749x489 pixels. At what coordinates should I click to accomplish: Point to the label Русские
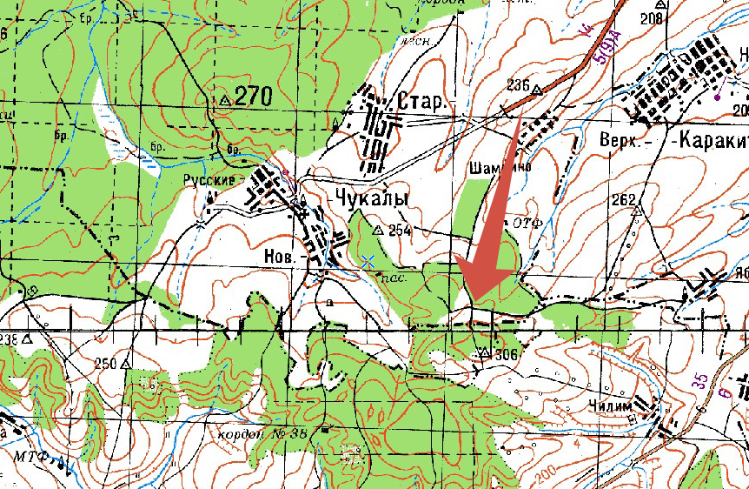pyautogui.click(x=209, y=181)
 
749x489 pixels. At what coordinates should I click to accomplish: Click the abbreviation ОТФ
pyautogui.click(x=527, y=224)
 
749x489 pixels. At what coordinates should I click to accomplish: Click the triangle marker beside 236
pyautogui.click(x=537, y=90)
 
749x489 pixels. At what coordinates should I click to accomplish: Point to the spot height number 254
pyautogui.click(x=400, y=231)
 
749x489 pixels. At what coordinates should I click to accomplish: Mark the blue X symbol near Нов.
pyautogui.click(x=368, y=260)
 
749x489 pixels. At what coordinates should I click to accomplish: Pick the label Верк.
pyautogui.click(x=618, y=139)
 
